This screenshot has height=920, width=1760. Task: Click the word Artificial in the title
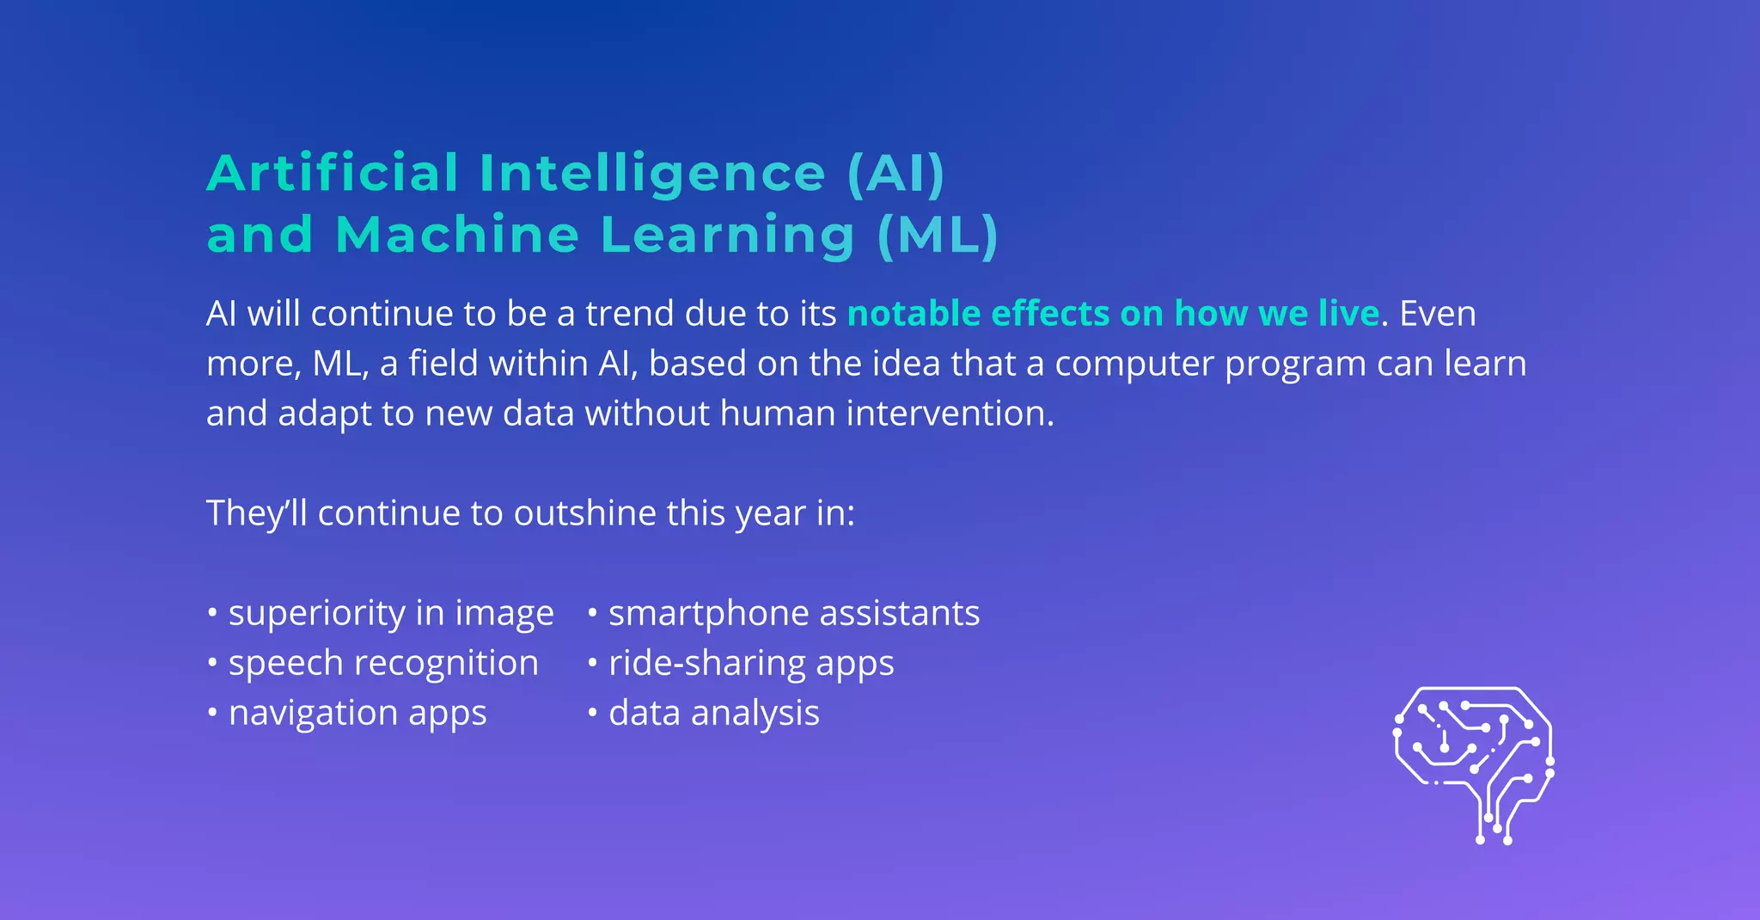333,173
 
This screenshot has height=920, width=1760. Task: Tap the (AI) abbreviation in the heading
895,173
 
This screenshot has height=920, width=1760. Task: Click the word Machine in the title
457,235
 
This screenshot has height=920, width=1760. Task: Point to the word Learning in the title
727,236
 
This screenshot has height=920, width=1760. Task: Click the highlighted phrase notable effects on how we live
1113,314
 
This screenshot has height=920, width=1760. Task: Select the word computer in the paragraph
1134,364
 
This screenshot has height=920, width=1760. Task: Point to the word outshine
585,513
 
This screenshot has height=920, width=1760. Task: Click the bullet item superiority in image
391,614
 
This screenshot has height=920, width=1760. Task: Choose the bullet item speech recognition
383,664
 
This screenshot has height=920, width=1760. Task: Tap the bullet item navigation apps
357,713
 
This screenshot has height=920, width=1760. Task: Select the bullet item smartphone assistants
794,614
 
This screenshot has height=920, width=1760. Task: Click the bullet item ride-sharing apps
751,664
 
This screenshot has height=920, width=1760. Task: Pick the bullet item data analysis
713,713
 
